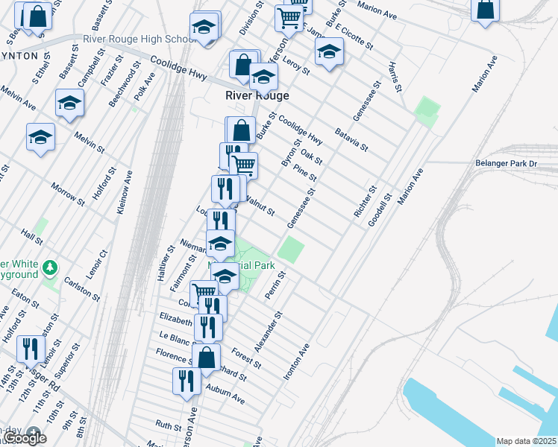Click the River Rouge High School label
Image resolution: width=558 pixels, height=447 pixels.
point(141,39)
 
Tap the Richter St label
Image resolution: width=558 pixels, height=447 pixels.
point(366,202)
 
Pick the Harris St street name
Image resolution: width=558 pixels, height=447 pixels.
point(395,77)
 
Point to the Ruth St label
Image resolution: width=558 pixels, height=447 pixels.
point(168,427)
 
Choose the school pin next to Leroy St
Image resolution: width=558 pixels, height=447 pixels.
point(328,52)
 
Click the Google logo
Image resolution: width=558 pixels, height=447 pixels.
point(24,437)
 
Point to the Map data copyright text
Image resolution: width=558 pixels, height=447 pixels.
point(526,441)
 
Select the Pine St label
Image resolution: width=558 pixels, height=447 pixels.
point(306,174)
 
